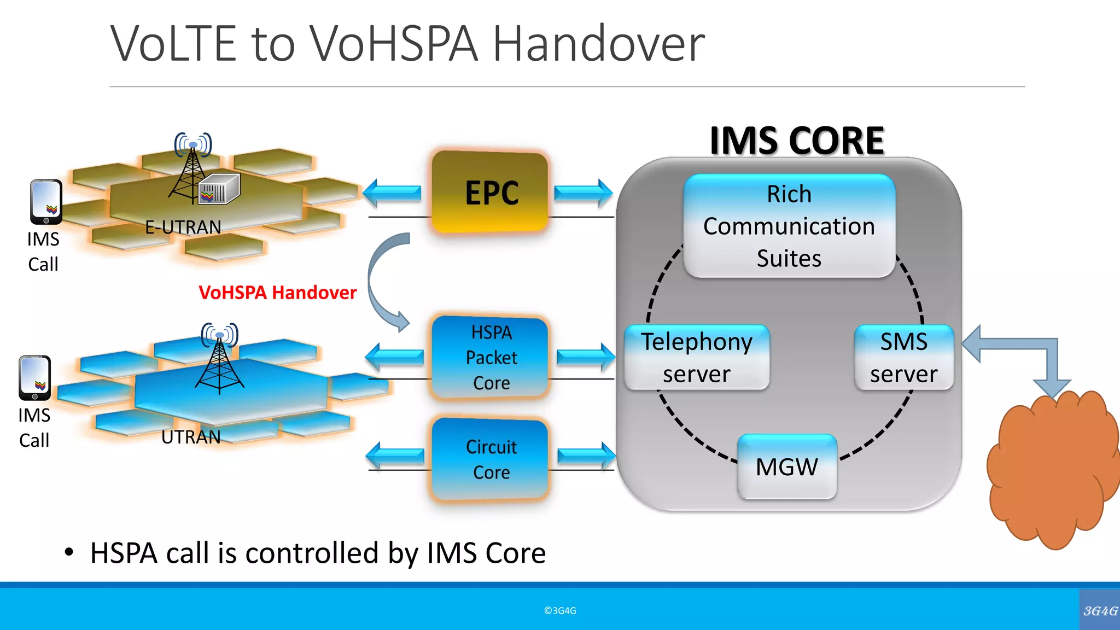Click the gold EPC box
[490, 192]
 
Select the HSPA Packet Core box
[491, 358]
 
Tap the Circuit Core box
[491, 459]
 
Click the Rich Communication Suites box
[789, 226]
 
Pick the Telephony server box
[697, 358]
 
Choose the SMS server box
[903, 358]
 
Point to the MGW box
[787, 467]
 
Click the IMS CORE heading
[796, 141]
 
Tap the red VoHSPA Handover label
[277, 293]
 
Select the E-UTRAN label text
[183, 227]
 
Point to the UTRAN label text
[191, 437]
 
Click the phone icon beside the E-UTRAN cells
[46, 202]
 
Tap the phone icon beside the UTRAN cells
[35, 378]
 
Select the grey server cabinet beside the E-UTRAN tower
[219, 189]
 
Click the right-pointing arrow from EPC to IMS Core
[583, 193]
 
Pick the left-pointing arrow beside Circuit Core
[395, 456]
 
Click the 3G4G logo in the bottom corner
[1100, 610]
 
